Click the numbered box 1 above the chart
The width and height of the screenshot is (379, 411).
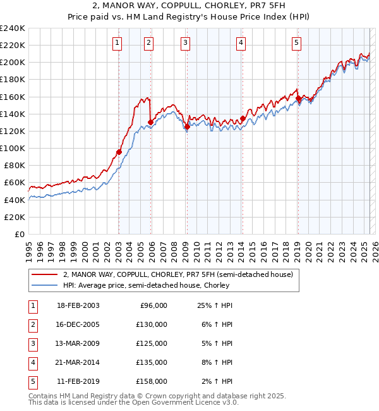click(x=118, y=43)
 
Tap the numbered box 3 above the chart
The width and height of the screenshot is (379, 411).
click(x=185, y=43)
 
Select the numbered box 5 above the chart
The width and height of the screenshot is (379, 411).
click(x=296, y=43)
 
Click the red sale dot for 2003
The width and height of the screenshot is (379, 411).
click(x=119, y=152)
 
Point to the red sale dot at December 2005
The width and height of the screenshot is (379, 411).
click(x=150, y=123)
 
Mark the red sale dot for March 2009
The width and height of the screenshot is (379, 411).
click(x=187, y=127)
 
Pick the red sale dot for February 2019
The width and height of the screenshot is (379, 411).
click(x=298, y=99)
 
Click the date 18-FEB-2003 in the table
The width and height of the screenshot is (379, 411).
click(x=78, y=305)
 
